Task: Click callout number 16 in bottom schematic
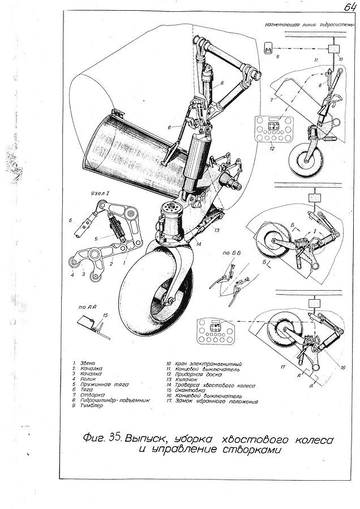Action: (343, 367)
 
